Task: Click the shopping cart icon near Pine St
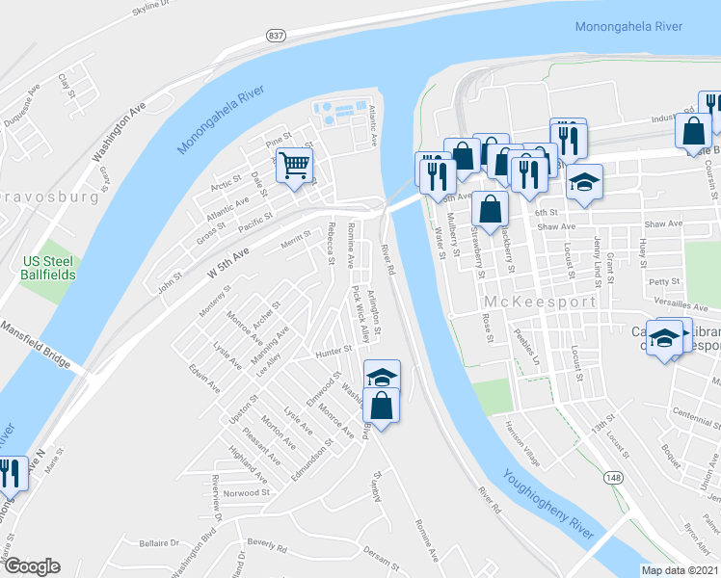tap(295, 165)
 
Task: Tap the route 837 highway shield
tap(277, 35)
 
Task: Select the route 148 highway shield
tap(614, 478)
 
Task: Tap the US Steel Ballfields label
tap(45, 269)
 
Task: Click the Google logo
tap(32, 566)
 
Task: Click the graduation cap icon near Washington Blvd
tap(383, 376)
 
